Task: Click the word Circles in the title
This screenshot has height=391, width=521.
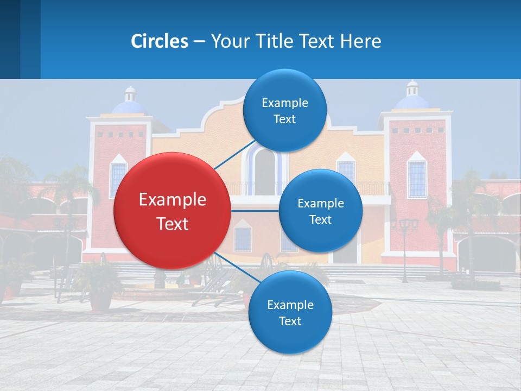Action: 160,41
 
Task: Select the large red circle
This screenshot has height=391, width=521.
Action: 172,211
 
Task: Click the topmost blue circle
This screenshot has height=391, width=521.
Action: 285,110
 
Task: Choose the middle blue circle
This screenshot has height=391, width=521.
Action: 320,211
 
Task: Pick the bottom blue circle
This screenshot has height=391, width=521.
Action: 290,312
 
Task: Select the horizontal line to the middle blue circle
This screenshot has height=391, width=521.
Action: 255,211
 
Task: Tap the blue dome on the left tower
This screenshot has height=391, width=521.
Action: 129,106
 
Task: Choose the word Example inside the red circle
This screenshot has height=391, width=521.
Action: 172,200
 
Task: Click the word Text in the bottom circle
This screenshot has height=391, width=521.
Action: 290,321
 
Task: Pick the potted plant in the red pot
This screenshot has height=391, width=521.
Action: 101,288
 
